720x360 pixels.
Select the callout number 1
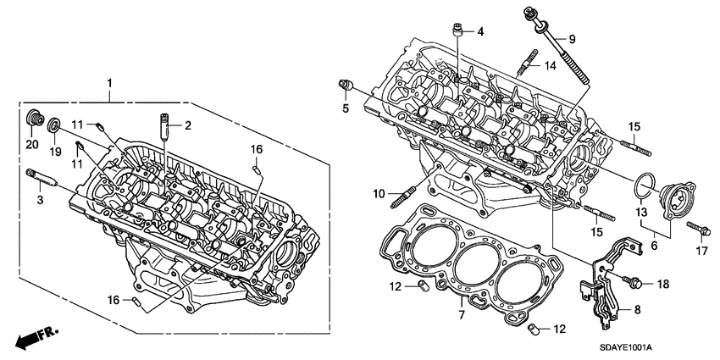(x=108, y=83)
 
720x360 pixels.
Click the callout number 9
(x=571, y=40)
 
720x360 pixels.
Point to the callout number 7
(x=462, y=315)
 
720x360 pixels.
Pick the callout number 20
(x=32, y=145)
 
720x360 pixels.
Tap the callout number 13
(x=641, y=211)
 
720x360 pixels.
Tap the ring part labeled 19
(x=54, y=126)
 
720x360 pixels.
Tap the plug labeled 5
(x=346, y=84)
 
